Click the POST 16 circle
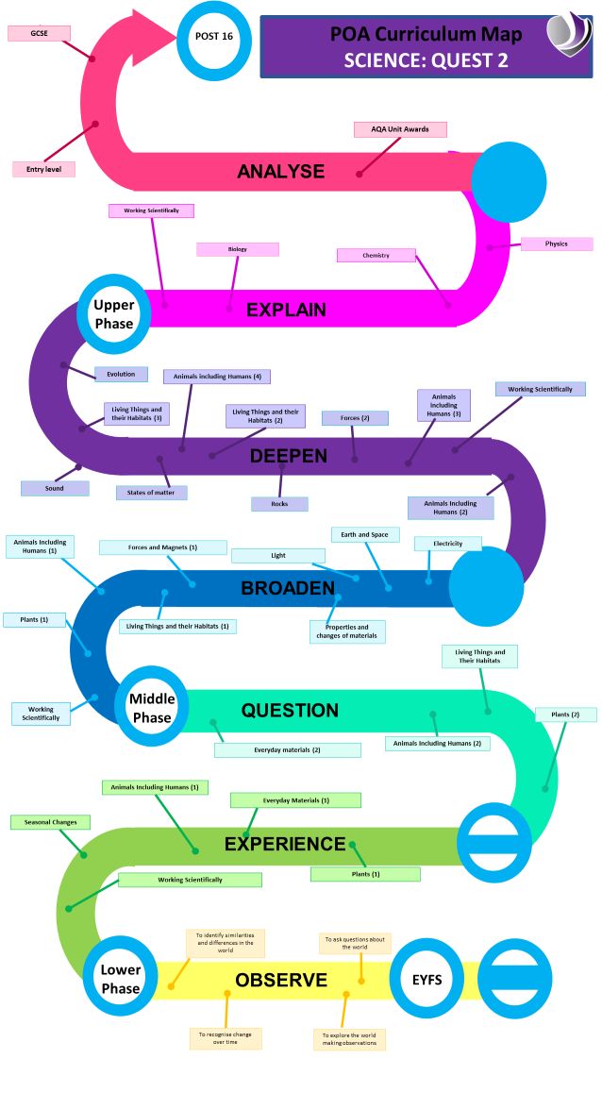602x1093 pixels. pyautogui.click(x=213, y=38)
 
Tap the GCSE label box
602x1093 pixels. pyautogui.click(x=40, y=33)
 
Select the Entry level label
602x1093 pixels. pyautogui.click(x=43, y=169)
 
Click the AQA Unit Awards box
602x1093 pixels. pyautogui.click(x=400, y=129)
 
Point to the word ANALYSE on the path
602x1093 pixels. pyautogui.click(x=280, y=171)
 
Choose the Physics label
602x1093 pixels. pyautogui.click(x=556, y=244)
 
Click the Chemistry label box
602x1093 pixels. pyautogui.click(x=376, y=255)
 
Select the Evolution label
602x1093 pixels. pyautogui.click(x=121, y=374)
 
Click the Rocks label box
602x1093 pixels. pyautogui.click(x=279, y=504)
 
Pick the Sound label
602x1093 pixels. pyautogui.click(x=55, y=489)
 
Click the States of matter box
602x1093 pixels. pyautogui.click(x=151, y=493)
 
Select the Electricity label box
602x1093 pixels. pyautogui.click(x=447, y=544)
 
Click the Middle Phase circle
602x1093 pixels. pyautogui.click(x=151, y=708)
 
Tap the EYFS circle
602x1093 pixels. pyautogui.click(x=426, y=980)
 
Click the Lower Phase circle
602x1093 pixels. pyautogui.click(x=121, y=979)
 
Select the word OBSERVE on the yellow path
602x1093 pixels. pyautogui.click(x=281, y=980)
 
